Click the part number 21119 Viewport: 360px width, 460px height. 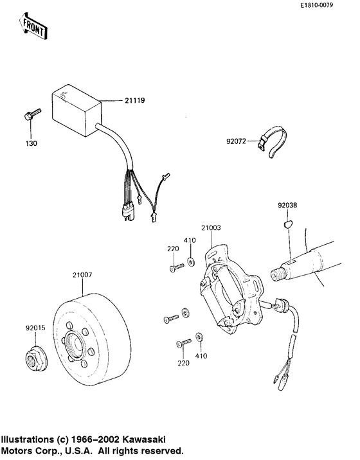pyautogui.click(x=133, y=101)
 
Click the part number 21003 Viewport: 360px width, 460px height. pyautogui.click(x=211, y=227)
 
